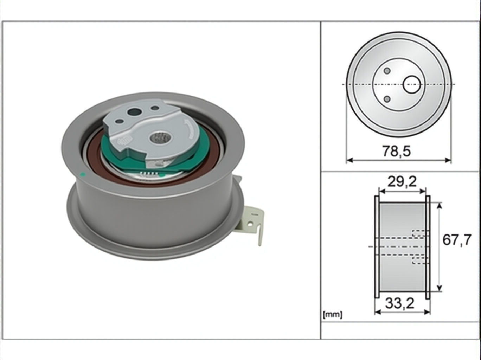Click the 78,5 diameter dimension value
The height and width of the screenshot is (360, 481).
click(x=396, y=151)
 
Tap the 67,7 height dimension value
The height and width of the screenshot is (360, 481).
click(x=457, y=240)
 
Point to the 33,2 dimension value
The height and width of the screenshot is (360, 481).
click(x=400, y=303)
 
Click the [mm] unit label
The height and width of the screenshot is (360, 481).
click(x=332, y=315)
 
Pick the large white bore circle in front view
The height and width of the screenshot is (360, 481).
click(x=412, y=85)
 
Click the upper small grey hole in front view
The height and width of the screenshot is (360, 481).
click(x=387, y=71)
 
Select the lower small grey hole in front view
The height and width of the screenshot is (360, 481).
click(x=387, y=99)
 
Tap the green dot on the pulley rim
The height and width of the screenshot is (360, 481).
click(x=83, y=174)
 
